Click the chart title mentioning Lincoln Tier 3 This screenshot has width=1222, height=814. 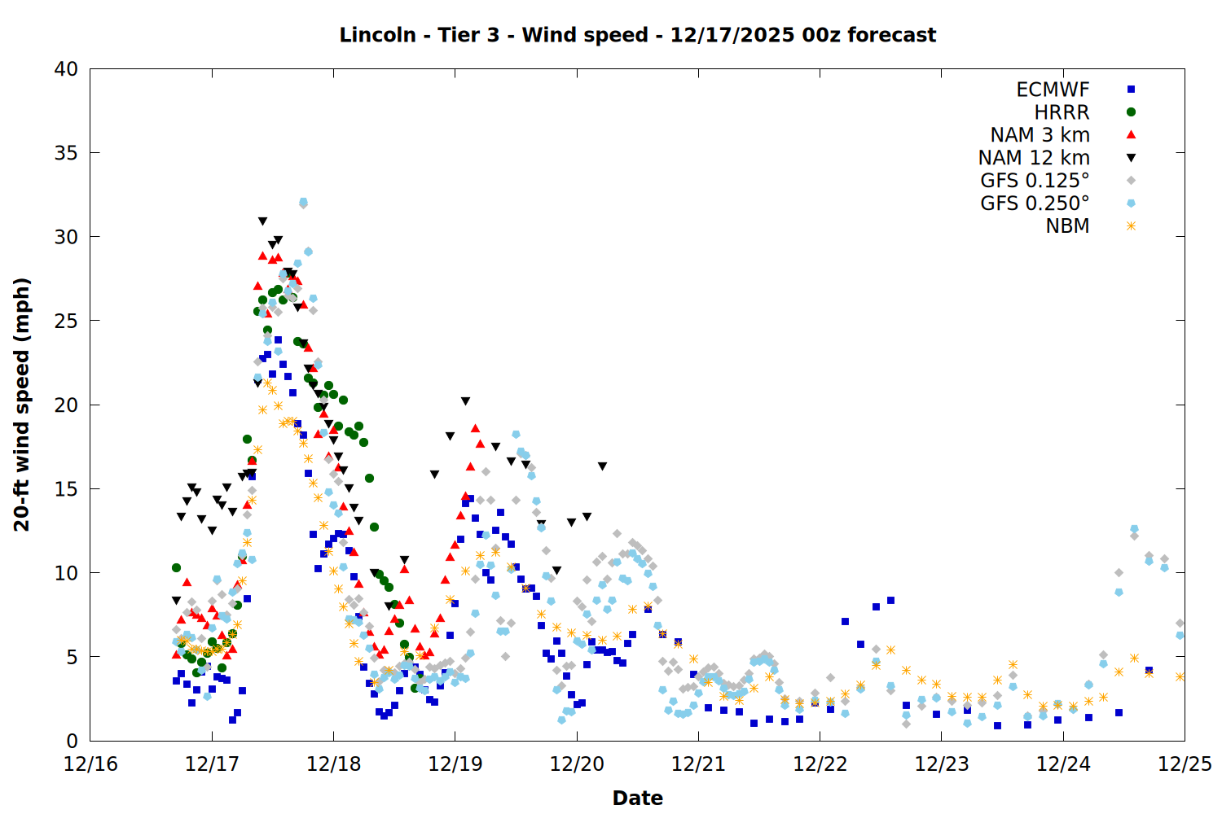coord(637,35)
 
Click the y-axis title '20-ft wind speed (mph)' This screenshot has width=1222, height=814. coord(22,405)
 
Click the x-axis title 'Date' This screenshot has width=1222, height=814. coord(637,798)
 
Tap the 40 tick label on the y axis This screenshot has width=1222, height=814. coord(66,69)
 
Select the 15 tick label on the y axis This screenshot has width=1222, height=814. coord(66,489)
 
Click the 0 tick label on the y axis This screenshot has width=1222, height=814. coord(72,741)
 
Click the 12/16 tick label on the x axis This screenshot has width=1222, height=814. coord(90,764)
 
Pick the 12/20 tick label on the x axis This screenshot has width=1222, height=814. coord(577,764)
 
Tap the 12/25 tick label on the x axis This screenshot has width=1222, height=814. coord(1185,764)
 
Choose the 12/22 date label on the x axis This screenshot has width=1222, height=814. coord(820,764)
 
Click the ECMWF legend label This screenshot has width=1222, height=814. coord(1053,90)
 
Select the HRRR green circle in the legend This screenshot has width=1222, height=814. coord(1131,112)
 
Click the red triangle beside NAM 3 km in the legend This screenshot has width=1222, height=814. coord(1131,134)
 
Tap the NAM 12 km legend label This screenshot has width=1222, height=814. coord(1034,158)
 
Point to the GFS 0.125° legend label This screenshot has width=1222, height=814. coord(1035,181)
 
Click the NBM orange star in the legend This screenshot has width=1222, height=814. coord(1131,226)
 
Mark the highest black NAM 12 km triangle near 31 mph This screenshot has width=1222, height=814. coord(262,221)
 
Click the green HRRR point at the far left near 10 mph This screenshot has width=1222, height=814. coord(176,567)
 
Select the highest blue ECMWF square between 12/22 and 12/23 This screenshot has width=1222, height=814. coord(890,601)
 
